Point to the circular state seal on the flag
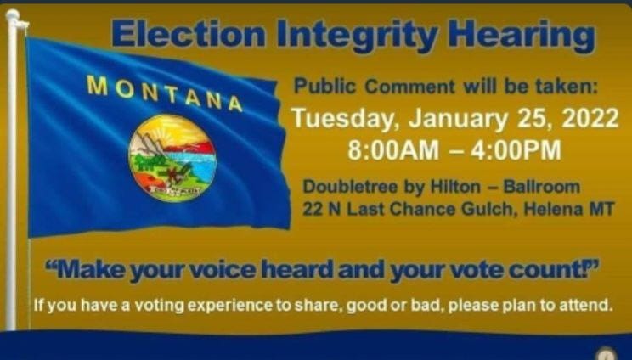pyautogui.click(x=172, y=157)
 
